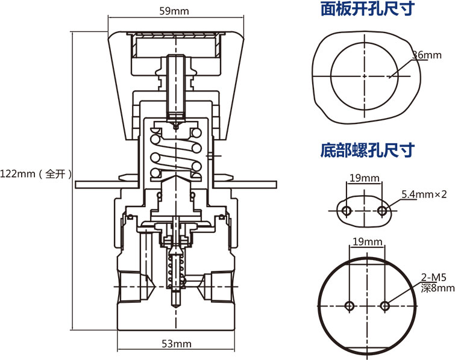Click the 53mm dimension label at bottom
176,344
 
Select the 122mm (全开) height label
36,174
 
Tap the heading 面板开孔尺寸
368,10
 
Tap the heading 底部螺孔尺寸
368,148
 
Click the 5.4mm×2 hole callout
424,194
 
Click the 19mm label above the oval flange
365,178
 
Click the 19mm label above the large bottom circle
367,241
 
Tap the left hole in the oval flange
347,210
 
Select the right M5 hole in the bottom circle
385,306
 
